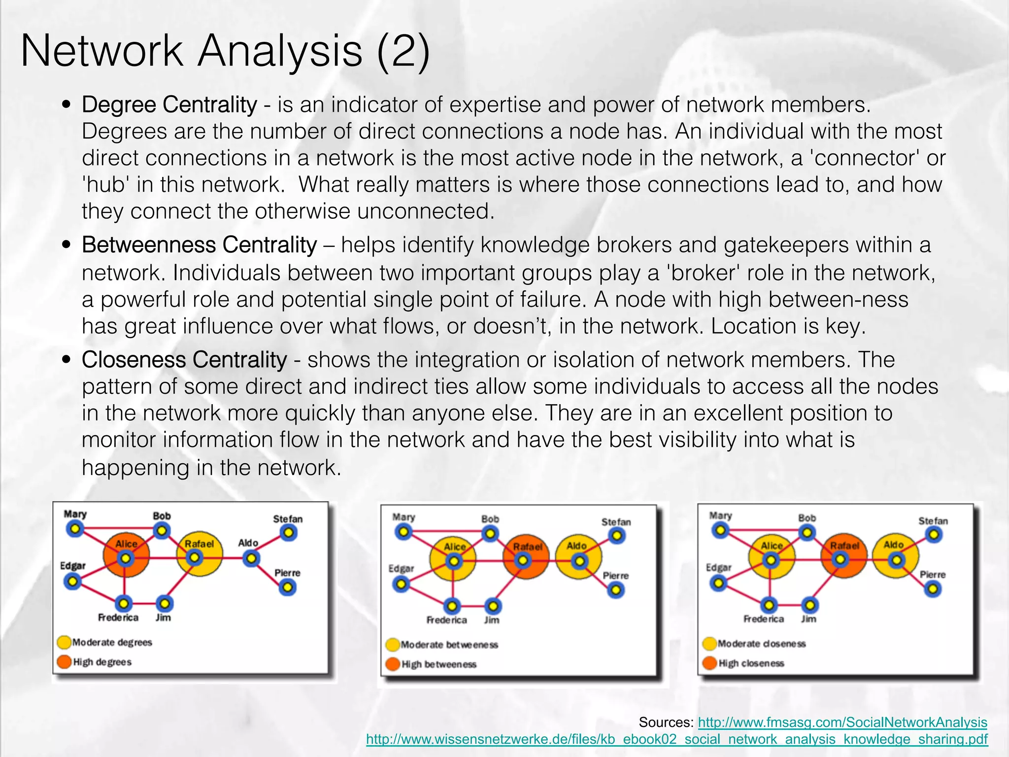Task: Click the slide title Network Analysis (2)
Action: coord(225,51)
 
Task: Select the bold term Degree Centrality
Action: coord(169,104)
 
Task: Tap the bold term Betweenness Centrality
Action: coord(199,245)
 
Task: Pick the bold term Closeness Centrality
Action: coord(184,360)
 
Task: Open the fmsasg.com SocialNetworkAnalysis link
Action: coord(842,722)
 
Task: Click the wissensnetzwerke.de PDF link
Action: coord(676,739)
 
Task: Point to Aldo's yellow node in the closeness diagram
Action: coord(896,560)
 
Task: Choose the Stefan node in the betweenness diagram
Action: coord(616,536)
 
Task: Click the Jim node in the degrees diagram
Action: coord(164,603)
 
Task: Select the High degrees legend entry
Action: coord(96,662)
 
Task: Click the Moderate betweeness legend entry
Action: coord(443,645)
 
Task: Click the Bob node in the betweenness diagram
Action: coord(490,534)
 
